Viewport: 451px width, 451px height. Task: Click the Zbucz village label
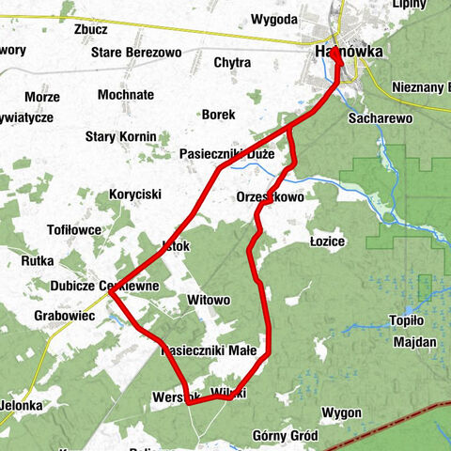pyautogui.click(x=89, y=29)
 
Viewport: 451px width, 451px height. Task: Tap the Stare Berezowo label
pyautogui.click(x=136, y=53)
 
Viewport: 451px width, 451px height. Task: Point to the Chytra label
pyautogui.click(x=232, y=63)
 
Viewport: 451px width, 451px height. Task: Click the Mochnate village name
pyautogui.click(x=125, y=96)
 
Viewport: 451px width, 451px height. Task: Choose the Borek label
pyautogui.click(x=218, y=115)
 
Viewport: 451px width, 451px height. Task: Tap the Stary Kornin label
pyautogui.click(x=120, y=137)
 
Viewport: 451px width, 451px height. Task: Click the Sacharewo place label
pyautogui.click(x=381, y=120)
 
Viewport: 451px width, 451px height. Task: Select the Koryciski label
pyautogui.click(x=135, y=194)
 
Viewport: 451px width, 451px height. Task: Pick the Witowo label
pyautogui.click(x=209, y=300)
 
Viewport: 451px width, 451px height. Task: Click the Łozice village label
pyautogui.click(x=327, y=241)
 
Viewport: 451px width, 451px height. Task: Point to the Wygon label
pyautogui.click(x=340, y=412)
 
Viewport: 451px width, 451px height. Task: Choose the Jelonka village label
pyautogui.click(x=21, y=405)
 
